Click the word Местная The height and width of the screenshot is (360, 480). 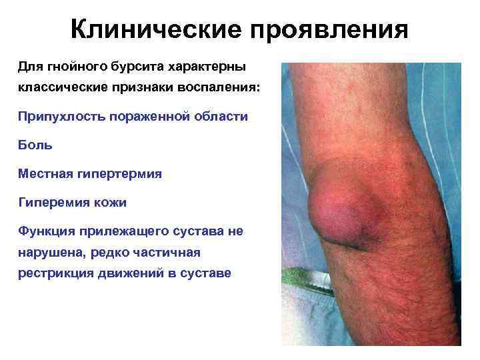pyautogui.click(x=41, y=173)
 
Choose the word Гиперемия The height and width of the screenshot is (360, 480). pyautogui.click(x=49, y=202)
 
